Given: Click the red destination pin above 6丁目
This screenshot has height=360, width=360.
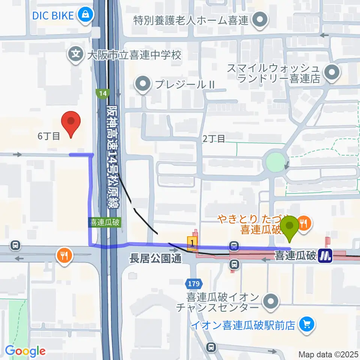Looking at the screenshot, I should [71, 123].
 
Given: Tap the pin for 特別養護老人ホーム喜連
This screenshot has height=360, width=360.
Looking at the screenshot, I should [258, 19].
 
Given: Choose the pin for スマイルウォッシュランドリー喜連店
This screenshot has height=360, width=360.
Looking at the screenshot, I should [331, 73].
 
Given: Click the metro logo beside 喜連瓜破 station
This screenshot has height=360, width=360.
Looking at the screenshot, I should [325, 256].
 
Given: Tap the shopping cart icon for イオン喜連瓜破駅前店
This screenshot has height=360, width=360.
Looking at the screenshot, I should [306, 324].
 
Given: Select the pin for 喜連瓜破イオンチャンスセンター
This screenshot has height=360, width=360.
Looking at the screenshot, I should [271, 302].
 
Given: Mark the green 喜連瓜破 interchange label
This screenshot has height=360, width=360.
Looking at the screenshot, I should [105, 222].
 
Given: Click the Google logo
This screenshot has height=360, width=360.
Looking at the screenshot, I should [25, 351].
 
